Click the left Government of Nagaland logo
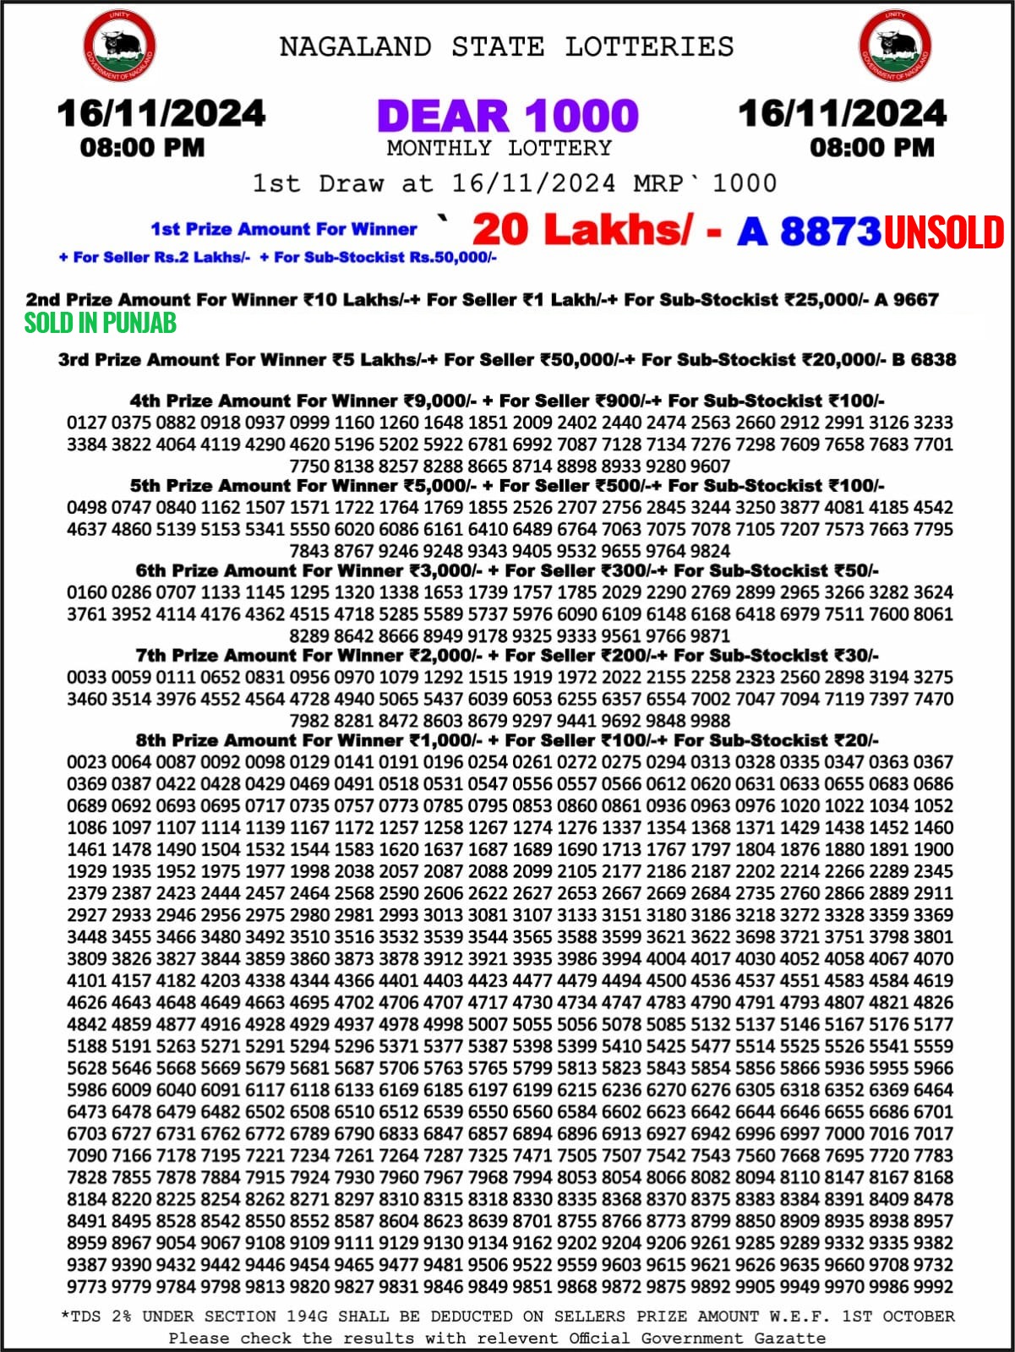(x=119, y=46)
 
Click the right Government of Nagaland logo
(x=895, y=46)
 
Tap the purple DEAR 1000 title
(x=507, y=116)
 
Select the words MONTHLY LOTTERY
(x=499, y=148)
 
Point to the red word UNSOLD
(x=944, y=232)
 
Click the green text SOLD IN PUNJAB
(x=100, y=323)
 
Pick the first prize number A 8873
(x=809, y=231)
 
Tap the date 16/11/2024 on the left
(x=161, y=114)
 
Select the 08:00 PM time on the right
(x=871, y=148)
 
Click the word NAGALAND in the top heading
(x=355, y=46)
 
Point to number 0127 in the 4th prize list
(x=87, y=422)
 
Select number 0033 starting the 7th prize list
(x=87, y=677)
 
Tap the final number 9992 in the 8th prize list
(x=932, y=1287)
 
